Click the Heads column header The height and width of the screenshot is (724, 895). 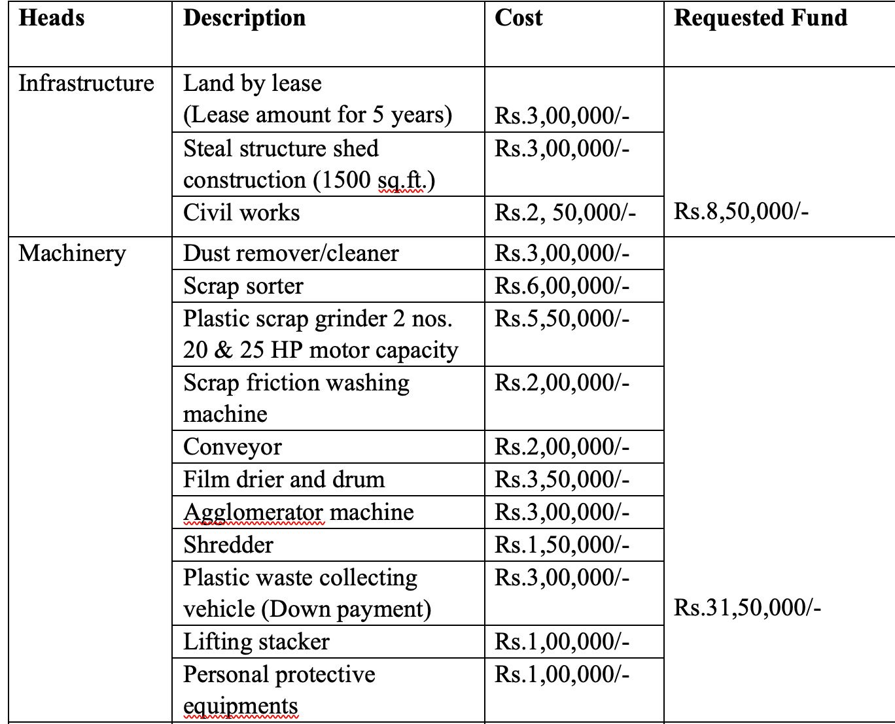(x=52, y=18)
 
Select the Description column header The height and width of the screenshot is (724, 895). (x=244, y=18)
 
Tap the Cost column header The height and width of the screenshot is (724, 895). (x=518, y=18)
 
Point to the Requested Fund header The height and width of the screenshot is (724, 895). (x=760, y=18)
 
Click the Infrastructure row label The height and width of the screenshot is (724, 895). (x=86, y=83)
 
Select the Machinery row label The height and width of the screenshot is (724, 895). (x=72, y=253)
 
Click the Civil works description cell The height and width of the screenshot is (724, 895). (x=241, y=213)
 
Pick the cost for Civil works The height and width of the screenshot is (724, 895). (x=565, y=213)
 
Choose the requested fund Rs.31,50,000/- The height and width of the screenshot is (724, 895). (x=747, y=608)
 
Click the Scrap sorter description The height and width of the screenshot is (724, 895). (x=243, y=286)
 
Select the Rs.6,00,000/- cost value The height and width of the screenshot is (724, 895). (x=561, y=286)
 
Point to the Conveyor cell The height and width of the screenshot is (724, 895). (x=232, y=447)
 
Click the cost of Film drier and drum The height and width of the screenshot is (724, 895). (x=561, y=479)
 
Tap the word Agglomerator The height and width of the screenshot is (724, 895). (x=253, y=512)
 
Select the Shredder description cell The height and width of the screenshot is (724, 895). (x=228, y=545)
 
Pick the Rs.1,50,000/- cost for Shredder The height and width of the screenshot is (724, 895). (x=561, y=545)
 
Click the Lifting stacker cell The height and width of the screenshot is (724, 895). (x=256, y=642)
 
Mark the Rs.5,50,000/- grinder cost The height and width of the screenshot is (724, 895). (x=561, y=319)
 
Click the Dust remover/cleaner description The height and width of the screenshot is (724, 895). (x=290, y=253)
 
